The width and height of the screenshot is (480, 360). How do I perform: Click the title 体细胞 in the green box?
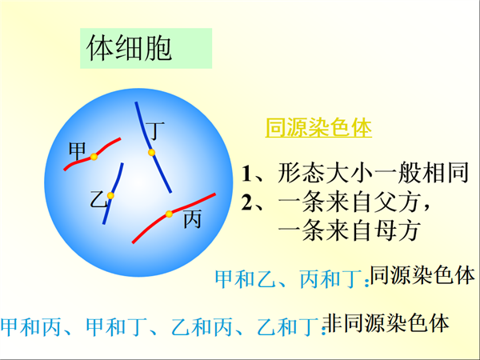tap(129, 48)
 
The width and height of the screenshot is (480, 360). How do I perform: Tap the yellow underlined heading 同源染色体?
tap(318, 127)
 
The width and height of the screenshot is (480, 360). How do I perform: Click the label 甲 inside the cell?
tap(77, 150)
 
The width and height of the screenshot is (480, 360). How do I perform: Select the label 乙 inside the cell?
tap(98, 199)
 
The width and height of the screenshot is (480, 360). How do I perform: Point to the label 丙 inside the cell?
tap(193, 219)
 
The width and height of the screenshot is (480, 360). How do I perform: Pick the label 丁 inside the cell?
tap(155, 130)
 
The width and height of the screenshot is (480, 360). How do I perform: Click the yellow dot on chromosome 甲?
tap(94, 157)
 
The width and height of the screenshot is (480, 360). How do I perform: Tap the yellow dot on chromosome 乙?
tap(110, 196)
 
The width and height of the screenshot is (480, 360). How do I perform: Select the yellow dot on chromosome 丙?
tap(169, 214)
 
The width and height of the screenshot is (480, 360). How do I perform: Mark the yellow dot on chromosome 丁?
tap(151, 153)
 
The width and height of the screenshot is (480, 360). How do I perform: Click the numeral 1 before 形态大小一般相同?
tap(246, 174)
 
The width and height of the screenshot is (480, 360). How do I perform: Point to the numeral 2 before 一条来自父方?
tap(246, 202)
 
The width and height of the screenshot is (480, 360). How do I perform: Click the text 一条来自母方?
tap(349, 230)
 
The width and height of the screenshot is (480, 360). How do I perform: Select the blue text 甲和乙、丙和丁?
tap(288, 279)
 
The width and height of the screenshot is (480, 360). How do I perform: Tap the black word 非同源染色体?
tap(386, 323)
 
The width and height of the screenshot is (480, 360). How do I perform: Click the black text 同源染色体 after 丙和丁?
tap(422, 275)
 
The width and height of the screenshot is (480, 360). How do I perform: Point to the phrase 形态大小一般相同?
tap(373, 173)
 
